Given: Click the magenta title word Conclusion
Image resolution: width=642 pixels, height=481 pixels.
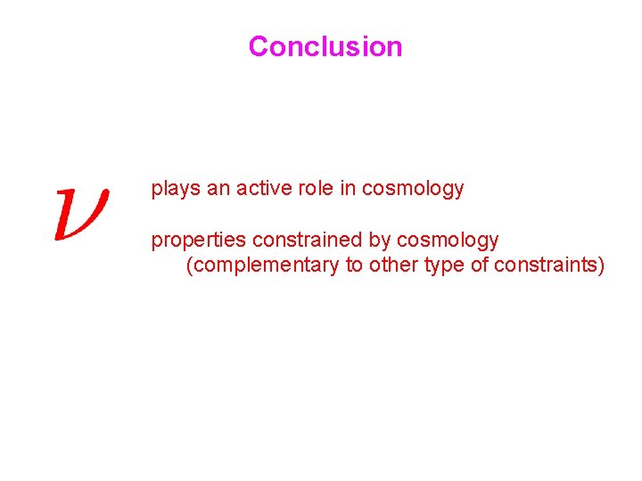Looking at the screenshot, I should coord(325,46).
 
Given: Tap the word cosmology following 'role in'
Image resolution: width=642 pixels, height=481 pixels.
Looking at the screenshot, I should coord(413,189).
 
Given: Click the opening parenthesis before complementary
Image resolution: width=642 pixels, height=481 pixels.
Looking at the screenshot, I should coord(189,265).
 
